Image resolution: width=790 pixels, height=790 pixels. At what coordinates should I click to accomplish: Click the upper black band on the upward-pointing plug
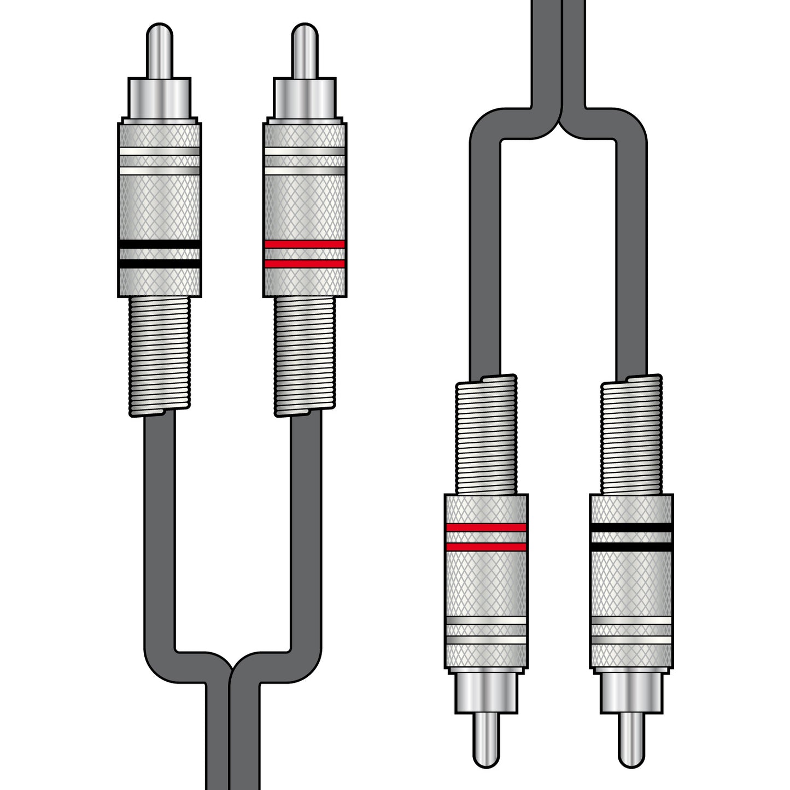(x=159, y=244)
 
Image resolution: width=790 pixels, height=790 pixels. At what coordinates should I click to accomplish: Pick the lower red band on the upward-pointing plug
(x=305, y=264)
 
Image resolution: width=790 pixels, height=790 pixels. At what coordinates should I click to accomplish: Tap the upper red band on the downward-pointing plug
(x=485, y=528)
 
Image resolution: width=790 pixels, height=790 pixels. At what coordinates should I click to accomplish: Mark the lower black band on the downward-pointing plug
(x=631, y=547)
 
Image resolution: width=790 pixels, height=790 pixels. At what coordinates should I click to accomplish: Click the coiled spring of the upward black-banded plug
(x=159, y=355)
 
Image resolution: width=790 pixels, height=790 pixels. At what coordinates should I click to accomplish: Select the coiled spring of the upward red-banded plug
(x=305, y=355)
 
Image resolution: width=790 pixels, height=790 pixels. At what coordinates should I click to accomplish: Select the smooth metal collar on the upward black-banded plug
(x=159, y=98)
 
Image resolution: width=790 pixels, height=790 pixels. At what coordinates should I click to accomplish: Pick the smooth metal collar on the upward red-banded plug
(x=305, y=98)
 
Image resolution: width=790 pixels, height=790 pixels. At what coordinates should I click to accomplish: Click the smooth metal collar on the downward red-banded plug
(x=485, y=692)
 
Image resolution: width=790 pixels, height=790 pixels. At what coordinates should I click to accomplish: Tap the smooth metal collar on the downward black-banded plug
(x=631, y=692)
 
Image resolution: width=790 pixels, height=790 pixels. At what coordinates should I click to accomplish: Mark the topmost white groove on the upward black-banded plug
(x=159, y=151)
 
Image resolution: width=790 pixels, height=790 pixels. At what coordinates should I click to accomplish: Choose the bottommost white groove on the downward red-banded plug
(x=485, y=640)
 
